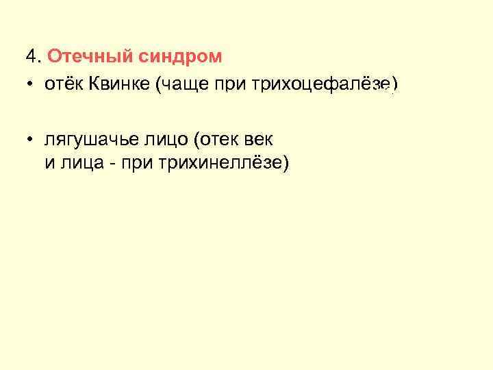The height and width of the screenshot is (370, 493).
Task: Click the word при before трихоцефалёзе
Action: pyautogui.click(x=232, y=85)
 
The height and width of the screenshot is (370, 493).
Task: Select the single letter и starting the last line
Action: pyautogui.click(x=49, y=164)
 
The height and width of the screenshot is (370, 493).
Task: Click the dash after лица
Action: pyautogui.click(x=102, y=164)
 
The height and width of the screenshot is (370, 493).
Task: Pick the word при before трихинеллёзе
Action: pyautogui.click(x=124, y=164)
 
